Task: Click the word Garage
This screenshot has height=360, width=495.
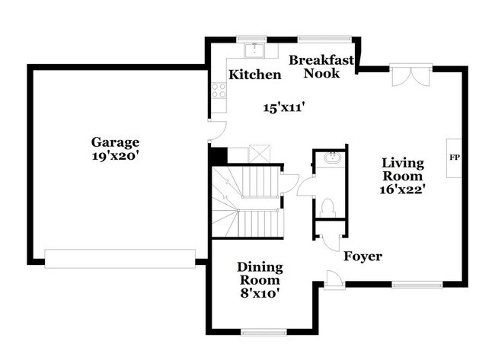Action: pyautogui.click(x=116, y=142)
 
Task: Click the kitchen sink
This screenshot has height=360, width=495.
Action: pyautogui.click(x=254, y=50)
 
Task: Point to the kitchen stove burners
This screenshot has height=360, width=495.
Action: pyautogui.click(x=219, y=91)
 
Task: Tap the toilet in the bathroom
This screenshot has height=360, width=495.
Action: pyautogui.click(x=328, y=206)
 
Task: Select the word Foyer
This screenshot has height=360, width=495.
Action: pyautogui.click(x=362, y=256)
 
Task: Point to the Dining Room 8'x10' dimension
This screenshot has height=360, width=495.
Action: pyautogui.click(x=260, y=293)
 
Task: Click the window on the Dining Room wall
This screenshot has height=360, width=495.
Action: pyautogui.click(x=263, y=332)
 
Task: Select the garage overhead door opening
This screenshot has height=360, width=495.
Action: pyautogui.click(x=120, y=259)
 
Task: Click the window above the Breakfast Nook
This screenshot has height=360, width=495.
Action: pyautogui.click(x=323, y=39)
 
